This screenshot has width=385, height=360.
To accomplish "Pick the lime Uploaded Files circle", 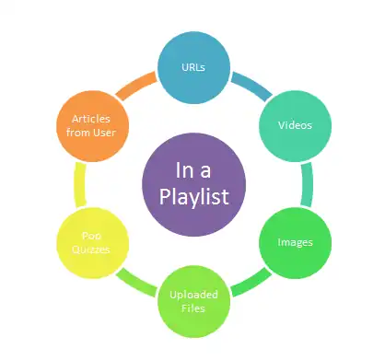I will click(193, 299).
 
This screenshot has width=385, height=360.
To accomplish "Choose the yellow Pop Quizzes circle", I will click(92, 242).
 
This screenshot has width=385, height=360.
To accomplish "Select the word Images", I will click(295, 243).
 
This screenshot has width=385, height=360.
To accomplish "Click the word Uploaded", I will click(193, 295).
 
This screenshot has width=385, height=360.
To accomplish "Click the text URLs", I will click(192, 67).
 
